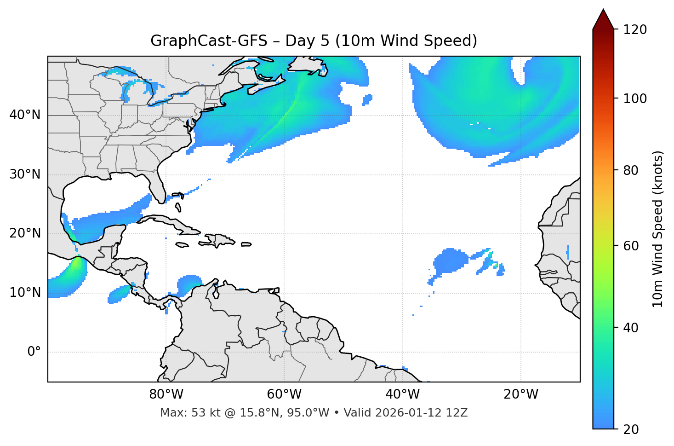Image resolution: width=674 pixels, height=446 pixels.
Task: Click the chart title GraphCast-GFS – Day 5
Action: pos(314,41)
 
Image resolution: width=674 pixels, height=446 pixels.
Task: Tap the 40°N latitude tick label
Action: pos(25,115)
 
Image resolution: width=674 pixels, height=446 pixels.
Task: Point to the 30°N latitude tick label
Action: pos(25,174)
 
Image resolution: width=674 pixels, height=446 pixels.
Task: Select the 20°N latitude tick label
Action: pos(25,233)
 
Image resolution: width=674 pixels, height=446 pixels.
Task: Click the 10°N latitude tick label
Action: pos(25,293)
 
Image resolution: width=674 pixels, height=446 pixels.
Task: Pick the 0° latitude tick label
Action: pos(34,352)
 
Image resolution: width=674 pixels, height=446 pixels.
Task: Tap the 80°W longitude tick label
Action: pos(166,394)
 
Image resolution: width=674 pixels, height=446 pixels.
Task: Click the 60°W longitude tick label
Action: pos(284,394)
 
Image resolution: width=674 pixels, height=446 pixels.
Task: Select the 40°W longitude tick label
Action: pos(402,394)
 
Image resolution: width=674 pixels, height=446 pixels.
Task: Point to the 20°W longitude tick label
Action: pos(520,394)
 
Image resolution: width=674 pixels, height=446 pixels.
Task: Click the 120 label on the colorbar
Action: pos(635,30)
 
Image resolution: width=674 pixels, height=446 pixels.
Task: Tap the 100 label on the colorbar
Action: pos(635,98)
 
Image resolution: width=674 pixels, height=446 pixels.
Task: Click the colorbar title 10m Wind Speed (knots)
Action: pos(658,229)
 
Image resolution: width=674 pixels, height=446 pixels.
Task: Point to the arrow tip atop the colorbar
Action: pos(603,10)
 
